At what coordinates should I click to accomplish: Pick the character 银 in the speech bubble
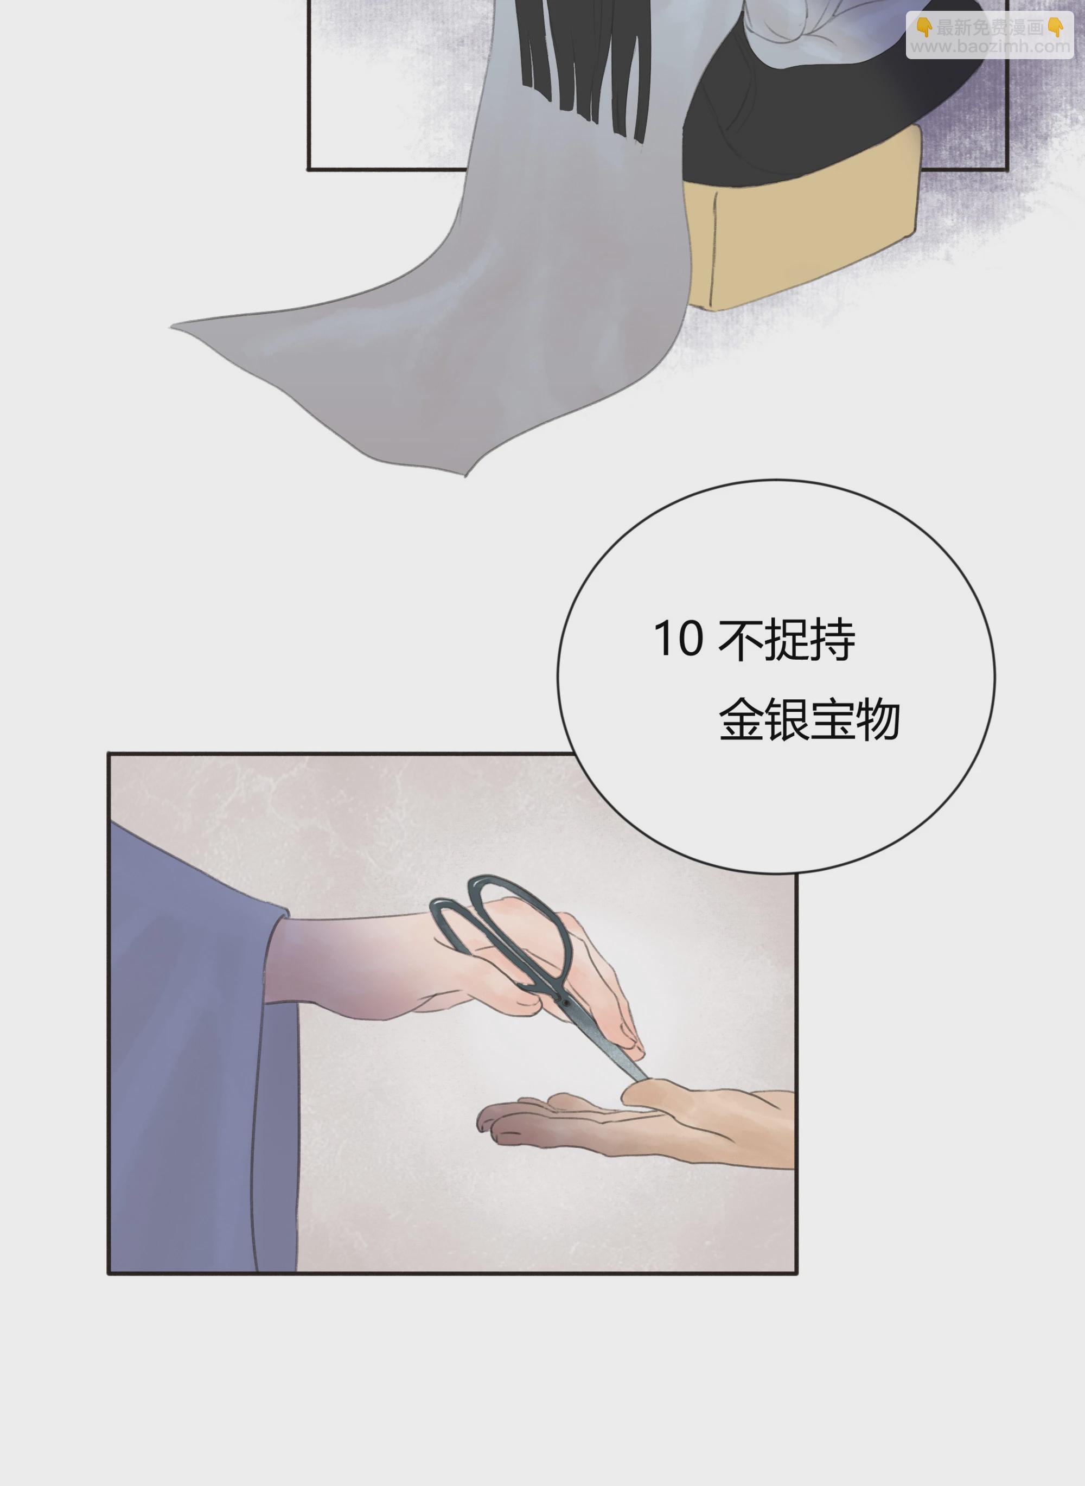[x=787, y=720]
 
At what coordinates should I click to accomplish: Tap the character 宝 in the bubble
[x=832, y=720]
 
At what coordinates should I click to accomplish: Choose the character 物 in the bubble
[x=877, y=720]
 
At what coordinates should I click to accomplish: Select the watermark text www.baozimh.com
[x=990, y=47]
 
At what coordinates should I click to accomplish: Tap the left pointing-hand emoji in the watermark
[x=924, y=28]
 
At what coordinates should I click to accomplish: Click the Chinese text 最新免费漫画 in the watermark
[x=990, y=28]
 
